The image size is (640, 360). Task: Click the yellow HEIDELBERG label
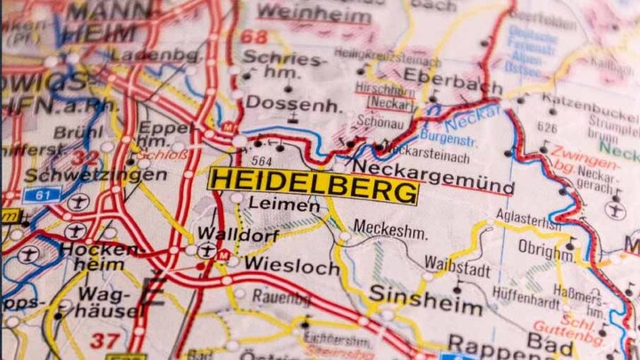[313, 186]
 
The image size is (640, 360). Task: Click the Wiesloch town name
[292, 265]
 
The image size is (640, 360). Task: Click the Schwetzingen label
[96, 175]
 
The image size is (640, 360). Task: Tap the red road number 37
[105, 339]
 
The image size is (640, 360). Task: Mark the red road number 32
[85, 158]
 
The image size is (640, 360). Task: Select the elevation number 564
[261, 161]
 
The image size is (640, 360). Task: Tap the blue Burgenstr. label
[448, 139]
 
